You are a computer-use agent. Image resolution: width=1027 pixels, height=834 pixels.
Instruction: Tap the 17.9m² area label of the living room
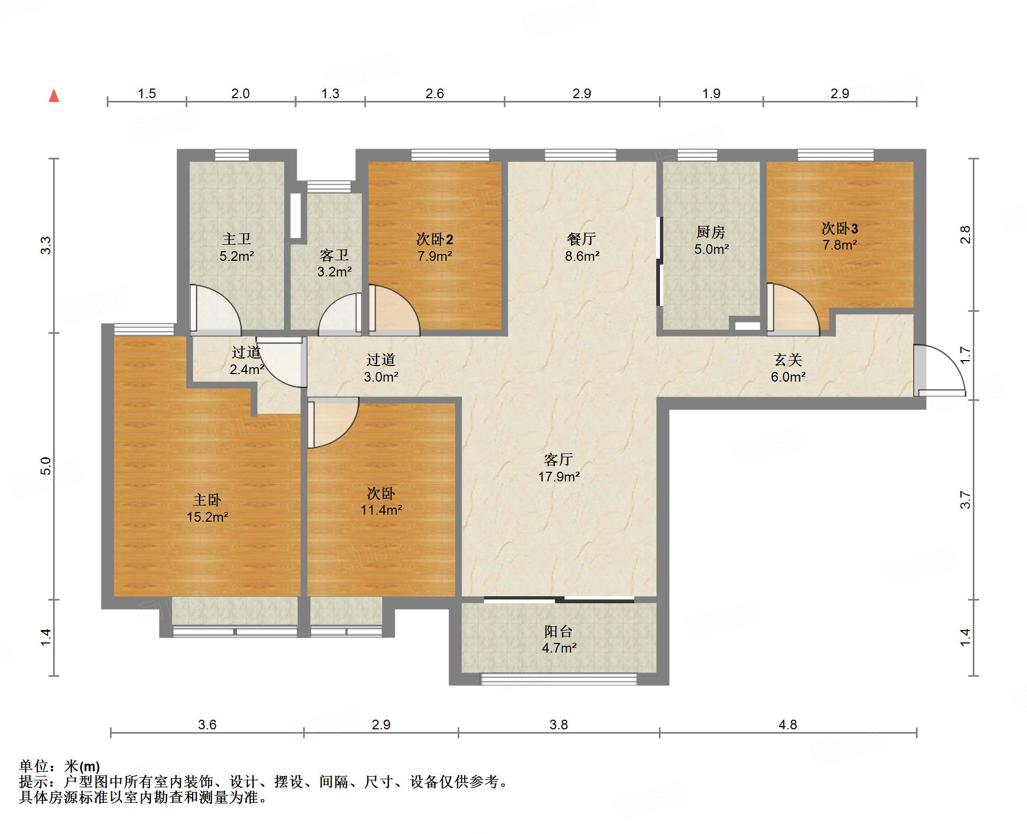point(559,477)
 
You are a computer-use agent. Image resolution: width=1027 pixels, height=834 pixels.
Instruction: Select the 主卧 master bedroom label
point(207,500)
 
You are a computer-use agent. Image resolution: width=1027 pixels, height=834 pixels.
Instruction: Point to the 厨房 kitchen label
point(711,232)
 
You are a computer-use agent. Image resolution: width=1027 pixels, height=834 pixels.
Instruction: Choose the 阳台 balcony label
point(559,631)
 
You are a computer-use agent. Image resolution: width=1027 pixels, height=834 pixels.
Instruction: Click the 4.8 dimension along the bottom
point(788,725)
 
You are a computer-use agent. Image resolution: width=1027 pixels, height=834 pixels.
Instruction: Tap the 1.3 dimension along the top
point(330,94)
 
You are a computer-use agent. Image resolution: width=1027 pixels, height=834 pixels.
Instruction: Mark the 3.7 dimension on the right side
point(965,500)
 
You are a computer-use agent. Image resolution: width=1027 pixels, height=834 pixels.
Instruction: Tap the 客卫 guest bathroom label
point(334,255)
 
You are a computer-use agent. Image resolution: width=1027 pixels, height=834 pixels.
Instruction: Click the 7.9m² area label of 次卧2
point(435,256)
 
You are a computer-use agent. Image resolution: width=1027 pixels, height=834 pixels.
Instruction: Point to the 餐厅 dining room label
point(582,239)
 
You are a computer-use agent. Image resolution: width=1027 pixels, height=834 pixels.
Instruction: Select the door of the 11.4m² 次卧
point(333,422)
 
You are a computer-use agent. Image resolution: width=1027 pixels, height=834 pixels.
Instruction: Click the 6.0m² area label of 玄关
point(788,377)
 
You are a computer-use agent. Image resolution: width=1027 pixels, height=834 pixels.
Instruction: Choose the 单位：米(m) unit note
point(60,766)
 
